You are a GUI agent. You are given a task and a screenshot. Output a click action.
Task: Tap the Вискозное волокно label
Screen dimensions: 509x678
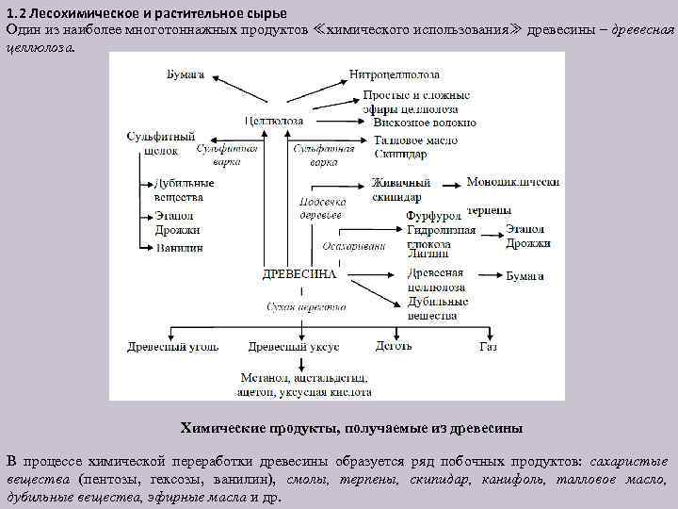424,123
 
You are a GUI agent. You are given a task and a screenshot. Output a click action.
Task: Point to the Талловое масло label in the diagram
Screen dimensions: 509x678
415,141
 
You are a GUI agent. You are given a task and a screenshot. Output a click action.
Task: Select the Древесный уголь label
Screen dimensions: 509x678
172,346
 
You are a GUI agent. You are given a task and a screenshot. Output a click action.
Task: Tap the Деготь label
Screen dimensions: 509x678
394,346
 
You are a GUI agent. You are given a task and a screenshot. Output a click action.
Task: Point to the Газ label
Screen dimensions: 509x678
487,346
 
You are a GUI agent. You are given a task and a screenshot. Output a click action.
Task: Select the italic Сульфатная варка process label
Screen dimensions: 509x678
323,155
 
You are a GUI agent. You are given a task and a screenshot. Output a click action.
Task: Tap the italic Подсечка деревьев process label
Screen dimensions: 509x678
321,207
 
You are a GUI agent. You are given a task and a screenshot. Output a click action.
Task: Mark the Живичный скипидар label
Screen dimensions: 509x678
400,189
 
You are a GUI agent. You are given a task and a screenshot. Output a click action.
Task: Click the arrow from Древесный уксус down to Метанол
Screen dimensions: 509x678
299,362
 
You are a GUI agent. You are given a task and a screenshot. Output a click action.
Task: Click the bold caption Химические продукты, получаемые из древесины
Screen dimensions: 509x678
351,428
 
